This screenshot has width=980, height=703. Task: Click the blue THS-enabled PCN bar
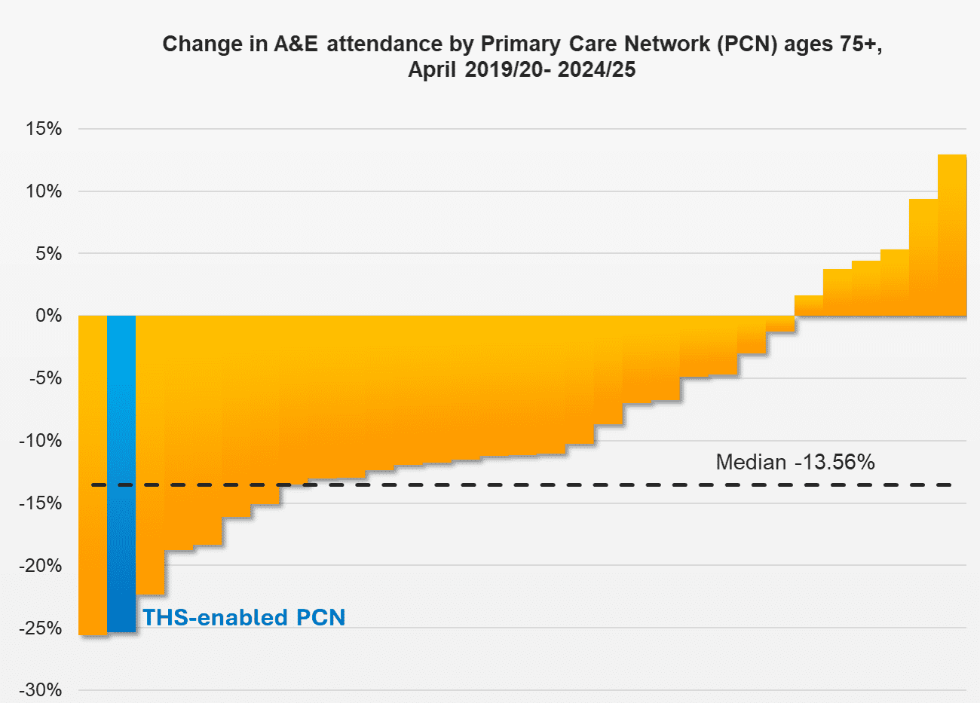[x=121, y=473]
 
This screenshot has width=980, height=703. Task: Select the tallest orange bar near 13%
[x=952, y=235]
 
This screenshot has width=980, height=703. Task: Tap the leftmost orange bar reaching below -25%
[x=93, y=475]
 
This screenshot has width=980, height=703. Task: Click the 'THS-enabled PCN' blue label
[x=244, y=617]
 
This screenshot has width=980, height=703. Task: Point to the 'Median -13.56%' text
[x=795, y=462]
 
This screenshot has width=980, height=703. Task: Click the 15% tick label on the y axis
[x=44, y=129]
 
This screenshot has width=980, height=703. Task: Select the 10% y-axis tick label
[x=44, y=191]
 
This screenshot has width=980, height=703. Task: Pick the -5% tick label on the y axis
[x=45, y=378]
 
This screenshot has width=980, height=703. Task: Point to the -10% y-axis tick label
[x=41, y=441]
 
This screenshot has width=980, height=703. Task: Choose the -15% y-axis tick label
[x=41, y=503]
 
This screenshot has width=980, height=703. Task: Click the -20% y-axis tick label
[x=41, y=566]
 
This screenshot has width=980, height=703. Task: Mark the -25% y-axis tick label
[x=41, y=628]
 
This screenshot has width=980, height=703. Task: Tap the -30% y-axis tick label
[x=41, y=690]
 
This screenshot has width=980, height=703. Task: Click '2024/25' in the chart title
[x=596, y=70]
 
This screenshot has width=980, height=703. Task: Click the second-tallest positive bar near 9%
[x=923, y=257]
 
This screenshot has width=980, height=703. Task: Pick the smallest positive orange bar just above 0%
[x=809, y=306]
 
